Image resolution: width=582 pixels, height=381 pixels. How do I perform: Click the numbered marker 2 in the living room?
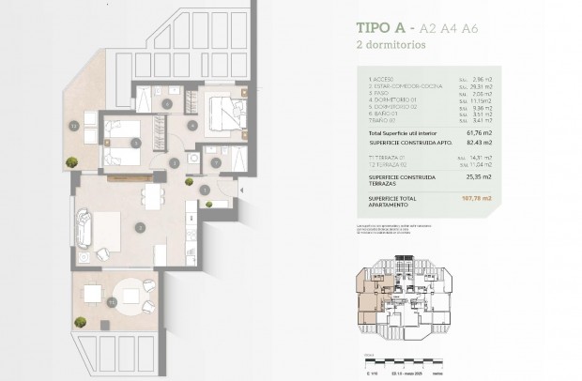[140, 225]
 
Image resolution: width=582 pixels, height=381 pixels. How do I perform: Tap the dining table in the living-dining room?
[149, 195]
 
